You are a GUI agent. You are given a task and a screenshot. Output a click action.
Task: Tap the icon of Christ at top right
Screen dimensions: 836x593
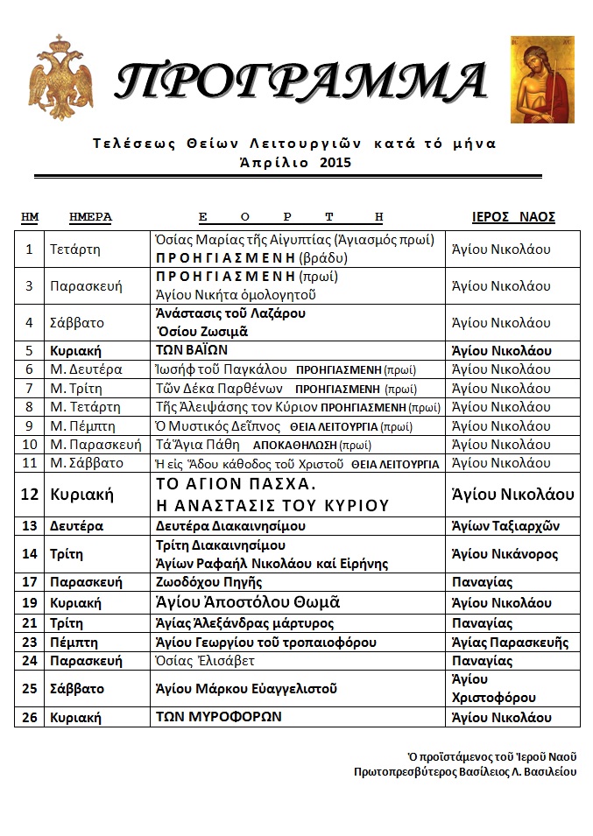click(x=542, y=80)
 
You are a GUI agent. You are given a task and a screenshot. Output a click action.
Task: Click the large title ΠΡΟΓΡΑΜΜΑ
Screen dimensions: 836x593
click(x=300, y=82)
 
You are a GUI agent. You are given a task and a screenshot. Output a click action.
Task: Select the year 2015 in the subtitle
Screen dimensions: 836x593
click(x=315, y=162)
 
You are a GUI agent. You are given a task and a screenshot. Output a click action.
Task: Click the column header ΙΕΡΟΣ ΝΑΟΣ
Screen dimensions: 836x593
click(x=513, y=217)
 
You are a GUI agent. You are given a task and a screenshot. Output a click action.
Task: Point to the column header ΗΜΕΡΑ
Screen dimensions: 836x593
click(x=90, y=217)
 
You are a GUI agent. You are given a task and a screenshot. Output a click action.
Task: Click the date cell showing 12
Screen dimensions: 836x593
click(x=30, y=495)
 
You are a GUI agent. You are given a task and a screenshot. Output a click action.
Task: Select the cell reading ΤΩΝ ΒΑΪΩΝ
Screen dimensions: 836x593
click(x=192, y=351)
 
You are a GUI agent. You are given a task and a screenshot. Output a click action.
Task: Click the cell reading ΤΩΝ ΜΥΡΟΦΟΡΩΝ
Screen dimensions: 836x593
click(x=218, y=717)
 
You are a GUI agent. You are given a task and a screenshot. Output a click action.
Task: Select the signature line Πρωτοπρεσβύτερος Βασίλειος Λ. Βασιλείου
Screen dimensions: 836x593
click(x=465, y=772)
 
